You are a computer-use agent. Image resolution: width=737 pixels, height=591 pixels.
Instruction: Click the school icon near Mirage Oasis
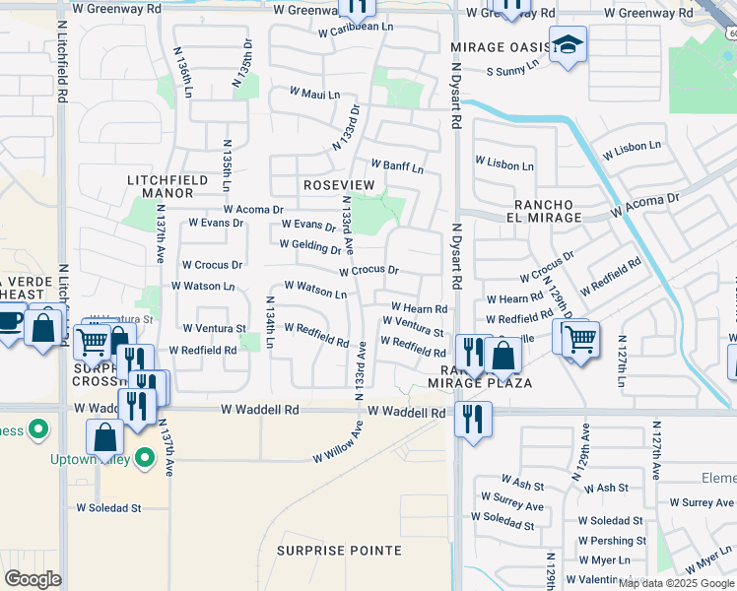pos(568,45)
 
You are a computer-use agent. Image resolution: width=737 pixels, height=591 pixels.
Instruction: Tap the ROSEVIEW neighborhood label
pos(339,185)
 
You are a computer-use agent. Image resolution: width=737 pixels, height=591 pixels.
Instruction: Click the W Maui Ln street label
pos(314,94)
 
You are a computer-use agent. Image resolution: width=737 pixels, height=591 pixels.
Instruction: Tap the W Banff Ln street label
pos(397,166)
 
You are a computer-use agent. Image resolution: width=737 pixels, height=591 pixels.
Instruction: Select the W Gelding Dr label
pos(310,246)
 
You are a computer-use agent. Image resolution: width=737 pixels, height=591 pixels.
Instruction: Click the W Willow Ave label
pos(339,442)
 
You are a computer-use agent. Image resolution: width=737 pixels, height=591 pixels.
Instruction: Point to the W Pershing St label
pos(613,541)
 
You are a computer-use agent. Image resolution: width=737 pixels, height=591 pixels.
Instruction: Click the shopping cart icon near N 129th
pos(580,338)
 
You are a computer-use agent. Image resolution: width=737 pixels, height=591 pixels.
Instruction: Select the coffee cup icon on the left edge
pos(9,322)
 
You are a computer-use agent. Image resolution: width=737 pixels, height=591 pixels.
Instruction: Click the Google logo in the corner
pos(33,579)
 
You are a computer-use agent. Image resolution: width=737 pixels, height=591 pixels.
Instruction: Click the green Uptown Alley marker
pos(144,458)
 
